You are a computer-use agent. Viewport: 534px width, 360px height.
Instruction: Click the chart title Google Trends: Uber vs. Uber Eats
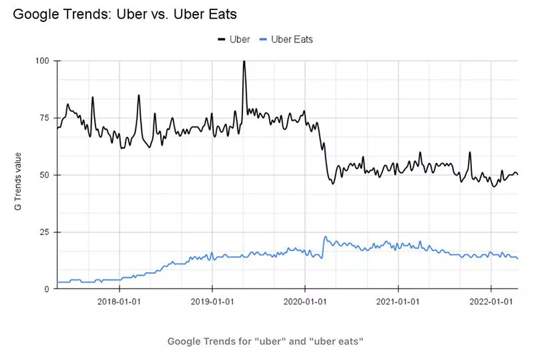125,13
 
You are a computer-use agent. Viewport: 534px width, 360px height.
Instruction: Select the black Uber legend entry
234,39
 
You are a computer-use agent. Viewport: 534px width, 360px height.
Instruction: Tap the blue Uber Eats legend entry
286,39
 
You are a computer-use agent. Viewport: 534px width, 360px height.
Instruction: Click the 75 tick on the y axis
44,118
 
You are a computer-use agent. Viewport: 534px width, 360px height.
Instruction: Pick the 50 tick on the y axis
44,175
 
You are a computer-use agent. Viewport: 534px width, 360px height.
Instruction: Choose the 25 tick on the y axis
44,232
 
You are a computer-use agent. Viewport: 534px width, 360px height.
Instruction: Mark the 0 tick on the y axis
47,289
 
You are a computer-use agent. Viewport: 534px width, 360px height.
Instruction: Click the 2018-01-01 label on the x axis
119,302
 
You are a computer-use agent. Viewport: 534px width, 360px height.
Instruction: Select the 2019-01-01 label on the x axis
212,302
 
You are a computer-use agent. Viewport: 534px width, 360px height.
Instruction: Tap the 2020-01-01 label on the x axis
304,302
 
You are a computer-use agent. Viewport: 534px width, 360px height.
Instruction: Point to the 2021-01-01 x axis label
397,302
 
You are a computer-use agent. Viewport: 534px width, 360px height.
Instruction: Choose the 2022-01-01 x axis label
490,302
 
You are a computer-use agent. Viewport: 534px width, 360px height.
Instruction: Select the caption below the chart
265,341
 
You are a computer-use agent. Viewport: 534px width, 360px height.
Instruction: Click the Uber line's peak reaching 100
244,61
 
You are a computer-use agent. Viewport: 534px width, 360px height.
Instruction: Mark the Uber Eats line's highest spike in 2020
325,236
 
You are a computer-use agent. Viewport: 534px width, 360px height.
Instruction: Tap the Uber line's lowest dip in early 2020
332,183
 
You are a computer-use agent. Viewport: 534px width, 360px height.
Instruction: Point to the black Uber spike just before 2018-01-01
93,98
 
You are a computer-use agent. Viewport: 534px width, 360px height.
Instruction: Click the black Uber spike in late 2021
470,152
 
